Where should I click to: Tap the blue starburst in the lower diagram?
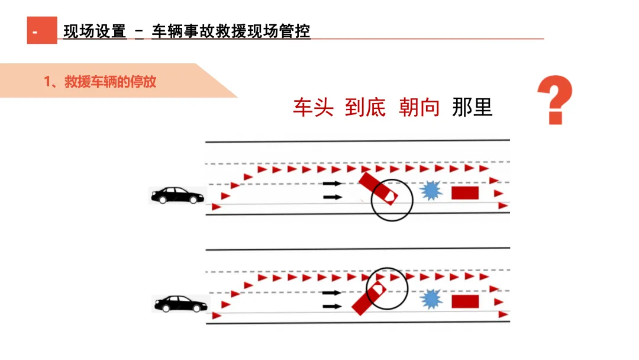[x=432, y=300]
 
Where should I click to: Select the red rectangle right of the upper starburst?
[x=464, y=193]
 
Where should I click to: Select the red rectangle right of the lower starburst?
[x=464, y=301]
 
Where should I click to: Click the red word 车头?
[x=313, y=107]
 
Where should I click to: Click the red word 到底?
[x=365, y=107]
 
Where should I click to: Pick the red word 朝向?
[x=419, y=107]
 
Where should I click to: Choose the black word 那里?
[x=472, y=107]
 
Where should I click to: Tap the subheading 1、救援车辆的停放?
[x=100, y=82]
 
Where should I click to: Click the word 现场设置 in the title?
[x=95, y=31]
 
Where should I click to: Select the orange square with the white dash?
[x=41, y=31]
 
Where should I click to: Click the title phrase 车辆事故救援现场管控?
[x=231, y=31]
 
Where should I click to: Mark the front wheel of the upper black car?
[x=193, y=200]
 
